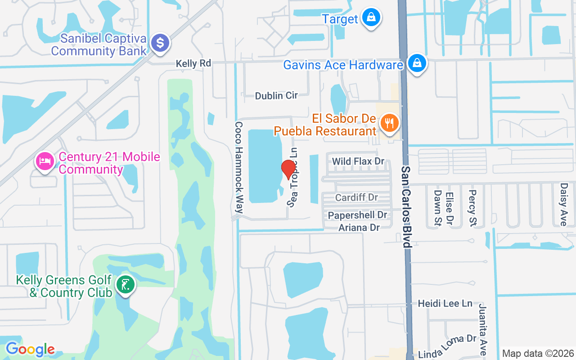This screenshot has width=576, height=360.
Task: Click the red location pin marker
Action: click(288, 170)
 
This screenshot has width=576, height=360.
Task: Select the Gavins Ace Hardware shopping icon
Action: click(417, 64)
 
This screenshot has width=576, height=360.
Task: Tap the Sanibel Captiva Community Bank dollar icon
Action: click(160, 43)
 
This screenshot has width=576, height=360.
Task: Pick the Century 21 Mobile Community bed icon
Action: click(45, 161)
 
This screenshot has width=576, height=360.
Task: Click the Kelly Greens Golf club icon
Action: click(125, 285)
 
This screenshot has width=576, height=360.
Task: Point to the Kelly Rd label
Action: click(193, 63)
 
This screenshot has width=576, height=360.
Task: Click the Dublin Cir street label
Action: click(276, 96)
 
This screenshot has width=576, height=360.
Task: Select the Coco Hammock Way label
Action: click(239, 167)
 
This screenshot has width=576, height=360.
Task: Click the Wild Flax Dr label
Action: click(358, 161)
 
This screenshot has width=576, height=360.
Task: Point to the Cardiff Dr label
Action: click(356, 198)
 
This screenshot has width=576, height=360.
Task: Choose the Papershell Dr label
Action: click(357, 216)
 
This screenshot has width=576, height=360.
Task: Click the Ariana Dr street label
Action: click(359, 228)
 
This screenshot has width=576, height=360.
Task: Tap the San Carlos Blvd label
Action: click(406, 207)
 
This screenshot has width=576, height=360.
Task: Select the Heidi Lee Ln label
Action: click(445, 303)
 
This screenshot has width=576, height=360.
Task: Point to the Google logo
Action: click(30, 349)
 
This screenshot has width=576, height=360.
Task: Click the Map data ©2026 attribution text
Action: click(538, 353)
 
